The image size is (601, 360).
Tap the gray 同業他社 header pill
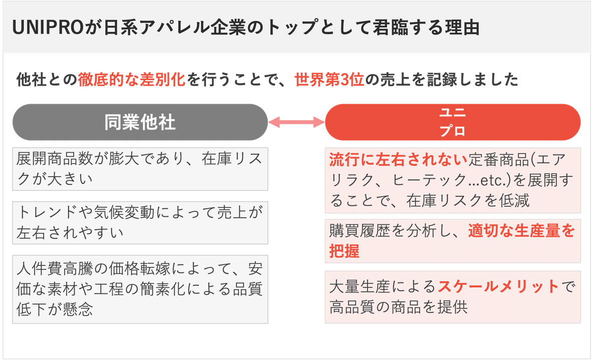click(x=140, y=122)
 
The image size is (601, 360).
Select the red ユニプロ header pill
click(x=452, y=122)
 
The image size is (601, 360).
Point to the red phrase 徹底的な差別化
click(x=132, y=80)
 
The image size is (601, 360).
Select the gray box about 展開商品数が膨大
click(x=140, y=168)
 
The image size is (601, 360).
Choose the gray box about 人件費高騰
click(x=140, y=289)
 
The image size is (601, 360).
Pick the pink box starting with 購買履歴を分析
click(x=452, y=240)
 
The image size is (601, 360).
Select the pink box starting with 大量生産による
click(x=452, y=296)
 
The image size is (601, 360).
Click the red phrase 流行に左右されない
click(x=398, y=160)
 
